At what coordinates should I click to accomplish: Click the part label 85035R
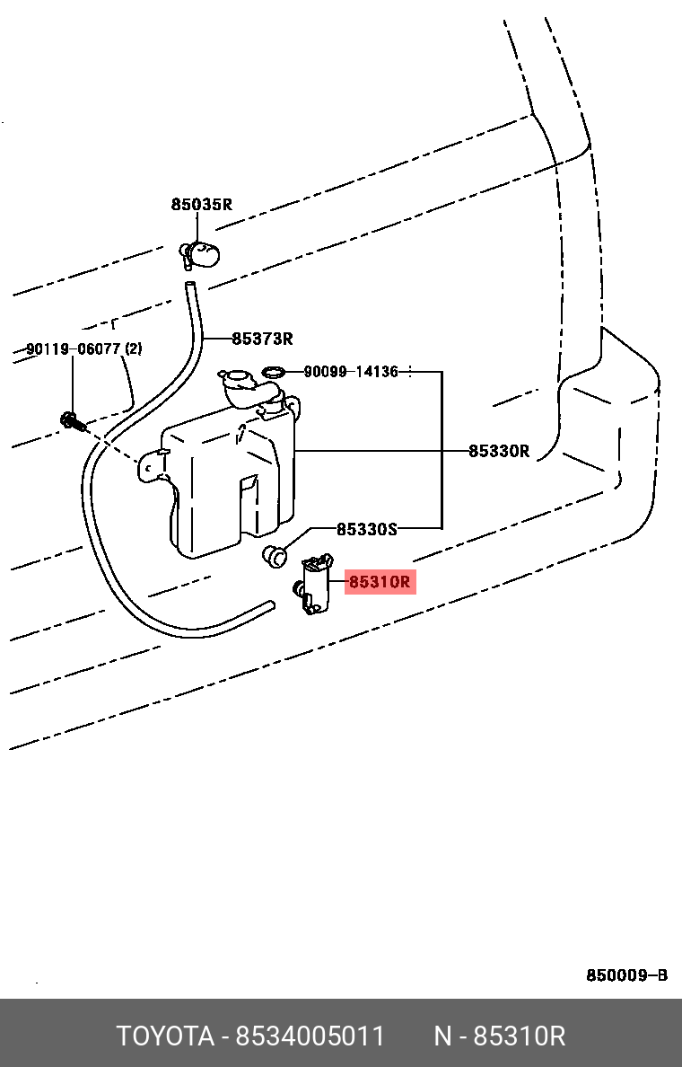coord(201,204)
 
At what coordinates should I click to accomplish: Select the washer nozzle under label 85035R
coord(200,255)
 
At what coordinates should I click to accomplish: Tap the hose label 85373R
coord(262,339)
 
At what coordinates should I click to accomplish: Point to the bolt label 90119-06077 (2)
coord(84,349)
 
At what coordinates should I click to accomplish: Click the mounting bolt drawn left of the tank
coord(73,421)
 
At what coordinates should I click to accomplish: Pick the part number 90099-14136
coord(351,372)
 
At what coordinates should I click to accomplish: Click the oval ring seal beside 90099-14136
coord(274,372)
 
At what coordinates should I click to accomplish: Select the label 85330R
coord(498,451)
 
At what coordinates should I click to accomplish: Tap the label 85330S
coord(366,529)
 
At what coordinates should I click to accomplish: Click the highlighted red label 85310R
coord(380,583)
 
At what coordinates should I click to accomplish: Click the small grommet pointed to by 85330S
coord(274,556)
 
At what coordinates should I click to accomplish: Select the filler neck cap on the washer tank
coord(233,377)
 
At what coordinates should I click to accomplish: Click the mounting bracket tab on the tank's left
coord(152,465)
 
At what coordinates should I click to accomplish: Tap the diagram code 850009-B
coord(627,975)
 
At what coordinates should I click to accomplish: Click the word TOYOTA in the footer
coord(165,1036)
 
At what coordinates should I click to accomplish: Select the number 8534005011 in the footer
coord(310,1036)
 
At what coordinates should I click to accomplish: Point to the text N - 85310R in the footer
coord(500,1036)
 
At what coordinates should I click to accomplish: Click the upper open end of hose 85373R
coord(189,285)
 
